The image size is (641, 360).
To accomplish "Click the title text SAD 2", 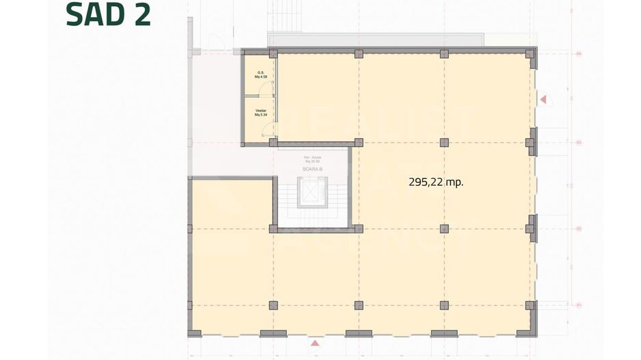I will (x=108, y=15).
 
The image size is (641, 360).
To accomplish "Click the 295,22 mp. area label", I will (x=441, y=182).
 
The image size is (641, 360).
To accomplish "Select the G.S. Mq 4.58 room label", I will (x=260, y=75).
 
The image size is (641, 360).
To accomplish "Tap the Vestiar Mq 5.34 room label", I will (x=260, y=113).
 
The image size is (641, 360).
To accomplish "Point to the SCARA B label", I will (x=312, y=168).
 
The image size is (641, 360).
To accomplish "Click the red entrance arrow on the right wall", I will (x=543, y=100).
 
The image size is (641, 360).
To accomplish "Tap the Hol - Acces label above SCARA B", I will (x=313, y=160).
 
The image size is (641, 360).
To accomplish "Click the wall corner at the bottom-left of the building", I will (x=194, y=333).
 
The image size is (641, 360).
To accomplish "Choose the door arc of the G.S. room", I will (x=273, y=85).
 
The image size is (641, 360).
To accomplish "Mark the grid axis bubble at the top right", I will (x=578, y=53).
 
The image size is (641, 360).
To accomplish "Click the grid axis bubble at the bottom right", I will (x=578, y=305).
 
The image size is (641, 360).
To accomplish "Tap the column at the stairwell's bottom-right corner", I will (x=358, y=228).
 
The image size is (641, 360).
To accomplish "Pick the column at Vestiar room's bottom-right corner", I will (x=273, y=143).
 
